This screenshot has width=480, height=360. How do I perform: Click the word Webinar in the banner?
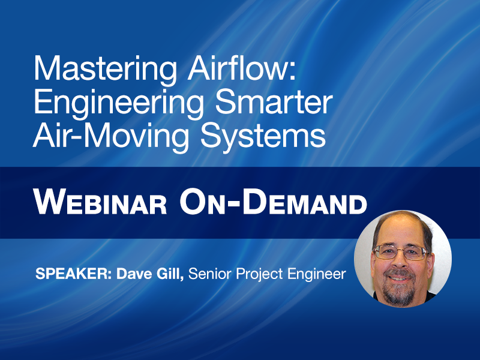[100, 202]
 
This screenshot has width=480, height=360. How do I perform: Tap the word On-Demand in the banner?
[273, 202]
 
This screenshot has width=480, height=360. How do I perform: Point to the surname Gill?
[172, 275]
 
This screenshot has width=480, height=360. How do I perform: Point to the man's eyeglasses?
[401, 252]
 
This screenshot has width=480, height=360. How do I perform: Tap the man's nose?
[401, 262]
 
